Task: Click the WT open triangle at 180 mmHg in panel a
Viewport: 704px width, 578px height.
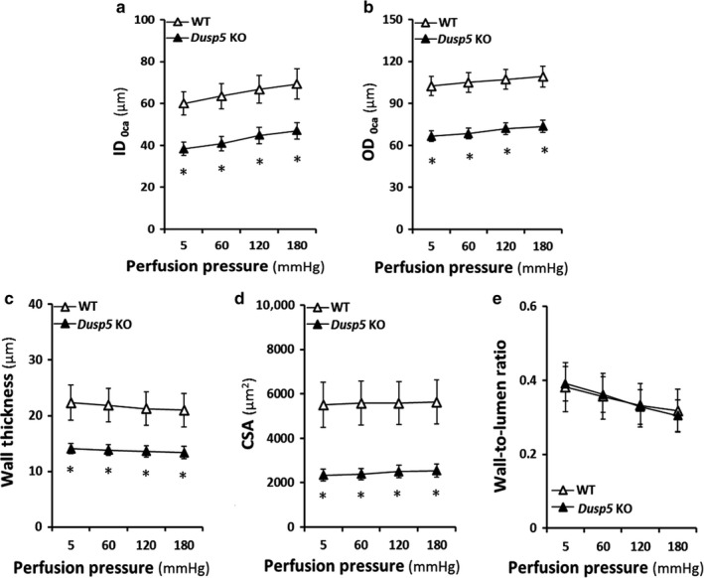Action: click(x=296, y=84)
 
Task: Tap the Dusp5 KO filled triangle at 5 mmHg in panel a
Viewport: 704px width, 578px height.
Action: click(x=183, y=149)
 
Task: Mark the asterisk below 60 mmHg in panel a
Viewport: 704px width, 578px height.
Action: click(x=221, y=170)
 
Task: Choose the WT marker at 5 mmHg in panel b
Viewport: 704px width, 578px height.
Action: click(x=431, y=87)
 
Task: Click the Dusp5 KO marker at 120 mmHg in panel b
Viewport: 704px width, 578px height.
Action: click(x=506, y=129)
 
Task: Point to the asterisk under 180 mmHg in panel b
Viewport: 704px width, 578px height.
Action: click(x=544, y=152)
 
